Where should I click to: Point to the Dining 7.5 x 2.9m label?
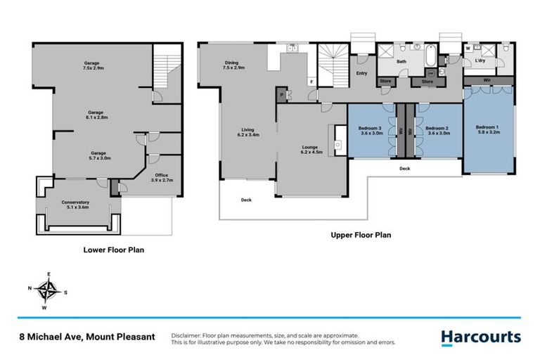click(x=231, y=66)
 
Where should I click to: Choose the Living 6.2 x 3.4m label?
click(x=247, y=132)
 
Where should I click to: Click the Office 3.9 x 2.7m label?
click(x=162, y=177)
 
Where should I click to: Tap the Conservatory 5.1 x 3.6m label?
click(x=79, y=205)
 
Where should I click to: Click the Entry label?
click(x=361, y=72)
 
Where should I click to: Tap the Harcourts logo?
click(x=481, y=337)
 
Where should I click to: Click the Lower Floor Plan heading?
click(x=114, y=249)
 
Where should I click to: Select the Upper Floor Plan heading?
click(x=361, y=236)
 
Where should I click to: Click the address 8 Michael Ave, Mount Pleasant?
click(x=86, y=337)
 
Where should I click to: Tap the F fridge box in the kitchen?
click(x=311, y=82)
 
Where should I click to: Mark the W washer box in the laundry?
click(x=468, y=49)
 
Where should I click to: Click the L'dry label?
click(x=481, y=61)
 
